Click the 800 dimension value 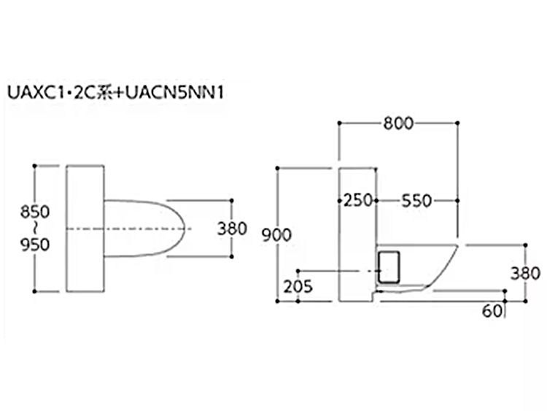(398, 123)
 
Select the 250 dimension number (358, 201)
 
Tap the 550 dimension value (416, 201)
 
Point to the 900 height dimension (276, 235)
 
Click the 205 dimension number (298, 287)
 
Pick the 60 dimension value (492, 311)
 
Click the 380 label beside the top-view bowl (232, 228)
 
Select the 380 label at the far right (525, 274)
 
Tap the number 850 (35, 212)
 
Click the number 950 (35, 245)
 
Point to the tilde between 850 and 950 (35, 228)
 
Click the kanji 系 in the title (104, 93)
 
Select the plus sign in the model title (118, 93)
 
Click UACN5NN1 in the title (174, 93)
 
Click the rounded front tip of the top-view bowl (185, 228)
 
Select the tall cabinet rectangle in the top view (85, 228)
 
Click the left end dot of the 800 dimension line (339, 123)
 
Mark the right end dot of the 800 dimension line (458, 123)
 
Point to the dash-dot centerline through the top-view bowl (128, 229)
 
